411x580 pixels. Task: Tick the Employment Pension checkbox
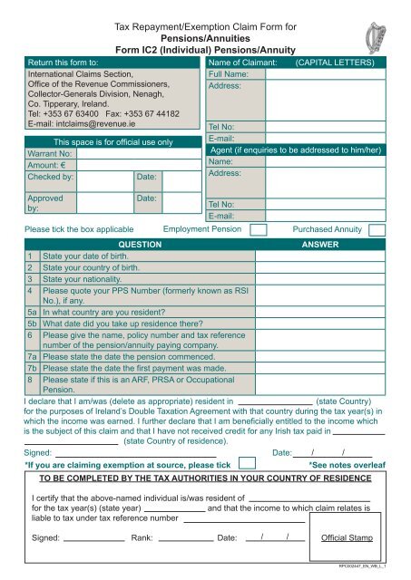click(258, 230)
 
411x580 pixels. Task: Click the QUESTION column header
click(134, 245)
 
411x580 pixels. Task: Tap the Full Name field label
click(229, 76)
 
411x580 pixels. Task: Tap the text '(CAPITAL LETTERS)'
click(336, 64)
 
